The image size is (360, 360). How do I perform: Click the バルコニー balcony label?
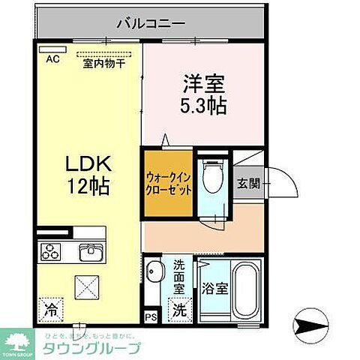(150, 23)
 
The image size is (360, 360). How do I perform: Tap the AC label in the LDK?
(53, 58)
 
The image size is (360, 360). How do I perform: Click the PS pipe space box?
(151, 316)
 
